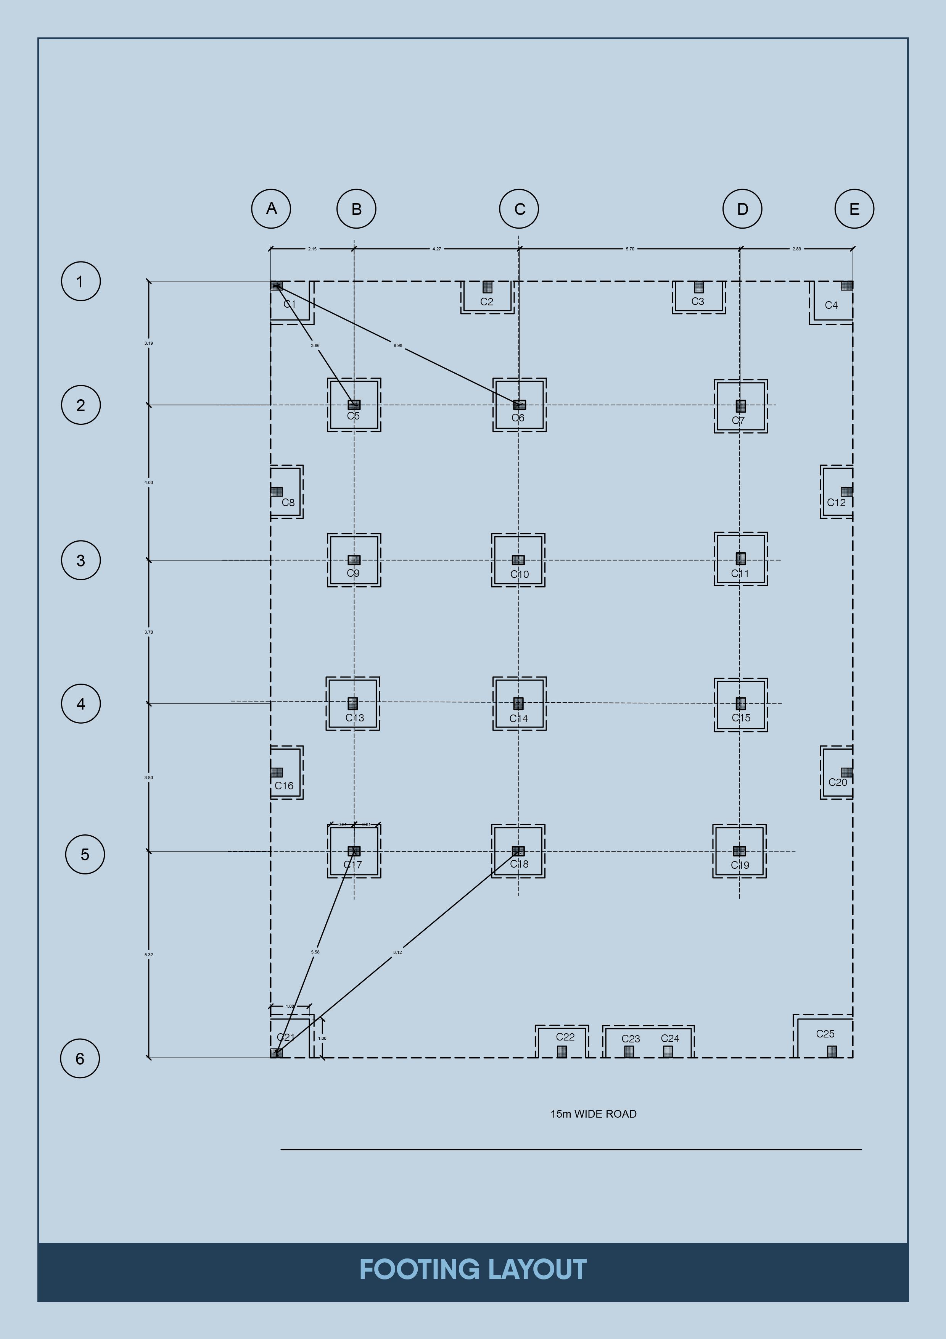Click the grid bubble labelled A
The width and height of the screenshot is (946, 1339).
(271, 208)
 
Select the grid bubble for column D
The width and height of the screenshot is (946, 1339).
(742, 209)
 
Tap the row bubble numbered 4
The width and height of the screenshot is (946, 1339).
(81, 703)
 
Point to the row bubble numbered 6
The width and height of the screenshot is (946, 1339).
(80, 1058)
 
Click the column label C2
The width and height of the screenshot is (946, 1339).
(487, 302)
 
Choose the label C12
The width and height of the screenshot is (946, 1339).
(836, 502)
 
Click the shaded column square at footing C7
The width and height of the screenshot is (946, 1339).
(740, 406)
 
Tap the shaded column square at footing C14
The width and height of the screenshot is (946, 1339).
(518, 703)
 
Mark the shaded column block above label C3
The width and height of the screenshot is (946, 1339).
(698, 287)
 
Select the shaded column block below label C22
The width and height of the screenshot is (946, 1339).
(562, 1052)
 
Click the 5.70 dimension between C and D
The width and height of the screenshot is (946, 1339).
(630, 249)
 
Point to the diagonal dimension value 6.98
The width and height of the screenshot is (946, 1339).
(397, 345)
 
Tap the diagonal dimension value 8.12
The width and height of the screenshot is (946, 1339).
(397, 952)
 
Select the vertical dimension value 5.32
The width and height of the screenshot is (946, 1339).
(149, 955)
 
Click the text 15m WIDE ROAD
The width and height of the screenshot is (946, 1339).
(594, 1114)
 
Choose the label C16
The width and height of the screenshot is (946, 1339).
(284, 786)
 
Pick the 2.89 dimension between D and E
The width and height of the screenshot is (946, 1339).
(796, 249)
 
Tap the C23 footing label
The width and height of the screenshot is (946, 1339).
(631, 1039)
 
